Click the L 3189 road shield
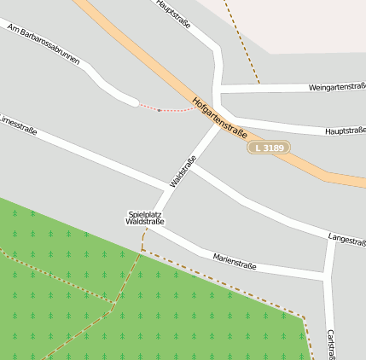coord(269,148)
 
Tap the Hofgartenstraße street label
coord(219,118)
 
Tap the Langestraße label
coord(346,236)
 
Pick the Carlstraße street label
coord(330,343)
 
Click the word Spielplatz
coord(144,213)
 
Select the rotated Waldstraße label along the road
coord(183,171)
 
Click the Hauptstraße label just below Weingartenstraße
coord(345,131)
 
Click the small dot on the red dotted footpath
coord(160,110)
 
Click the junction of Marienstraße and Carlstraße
coord(324,274)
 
